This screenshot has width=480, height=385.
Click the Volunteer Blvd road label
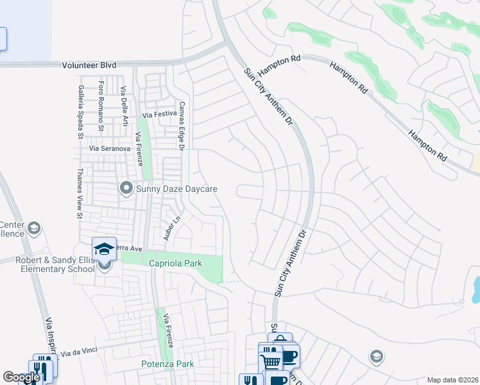tap(89, 65)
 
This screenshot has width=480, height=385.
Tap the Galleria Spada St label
tap(81, 112)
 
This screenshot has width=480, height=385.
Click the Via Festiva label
tap(159, 114)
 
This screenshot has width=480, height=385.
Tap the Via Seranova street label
tap(110, 148)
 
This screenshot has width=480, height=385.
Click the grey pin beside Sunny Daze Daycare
tap(126, 189)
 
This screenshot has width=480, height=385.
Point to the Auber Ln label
tap(169, 229)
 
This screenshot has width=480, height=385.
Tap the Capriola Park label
tap(176, 263)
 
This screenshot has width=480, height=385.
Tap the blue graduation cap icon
tap(104, 248)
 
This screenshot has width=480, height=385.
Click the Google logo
tap(22, 377)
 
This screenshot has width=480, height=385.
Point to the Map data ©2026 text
tap(452, 380)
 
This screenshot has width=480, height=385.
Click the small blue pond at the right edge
tap(476, 290)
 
